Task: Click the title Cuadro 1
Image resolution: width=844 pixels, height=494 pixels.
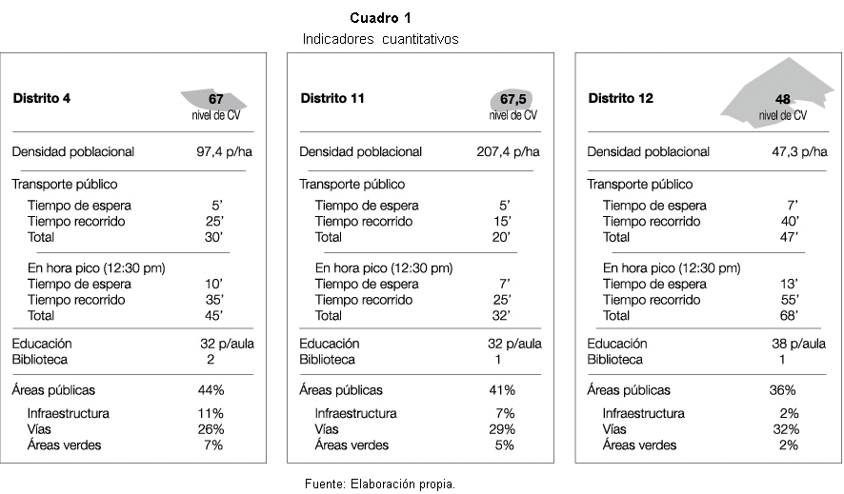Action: pos(380,18)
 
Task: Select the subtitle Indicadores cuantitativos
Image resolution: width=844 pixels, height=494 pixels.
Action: pos(380,39)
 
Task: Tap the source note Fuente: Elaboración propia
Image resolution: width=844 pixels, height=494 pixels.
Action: pos(380,484)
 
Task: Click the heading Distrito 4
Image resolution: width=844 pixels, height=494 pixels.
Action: pos(42,98)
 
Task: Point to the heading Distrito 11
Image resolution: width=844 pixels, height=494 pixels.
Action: pos(332,98)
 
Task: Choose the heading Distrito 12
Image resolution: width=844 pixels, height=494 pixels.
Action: pos(620,98)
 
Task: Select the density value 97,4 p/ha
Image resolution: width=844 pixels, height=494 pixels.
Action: pos(224,152)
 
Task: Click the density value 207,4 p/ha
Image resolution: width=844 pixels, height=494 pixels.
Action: pos(508,152)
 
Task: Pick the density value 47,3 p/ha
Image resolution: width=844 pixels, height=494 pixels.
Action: pos(799,152)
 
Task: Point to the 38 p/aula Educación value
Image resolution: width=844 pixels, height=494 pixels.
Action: pos(799,344)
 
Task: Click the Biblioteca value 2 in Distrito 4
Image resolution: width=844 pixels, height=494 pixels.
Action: pos(211,360)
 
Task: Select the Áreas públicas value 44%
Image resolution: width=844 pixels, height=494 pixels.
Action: pos(211,390)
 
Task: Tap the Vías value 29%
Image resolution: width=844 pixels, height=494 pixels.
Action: pos(502,429)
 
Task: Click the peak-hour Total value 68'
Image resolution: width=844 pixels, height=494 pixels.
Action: pos(789,316)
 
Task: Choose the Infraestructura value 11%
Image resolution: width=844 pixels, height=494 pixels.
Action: pos(211,413)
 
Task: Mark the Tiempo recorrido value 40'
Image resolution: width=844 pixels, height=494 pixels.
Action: pos(790,222)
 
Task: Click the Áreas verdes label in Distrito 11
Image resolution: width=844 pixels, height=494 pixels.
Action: pos(352,445)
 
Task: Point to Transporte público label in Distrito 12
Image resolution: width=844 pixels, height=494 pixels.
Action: pos(639,185)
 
